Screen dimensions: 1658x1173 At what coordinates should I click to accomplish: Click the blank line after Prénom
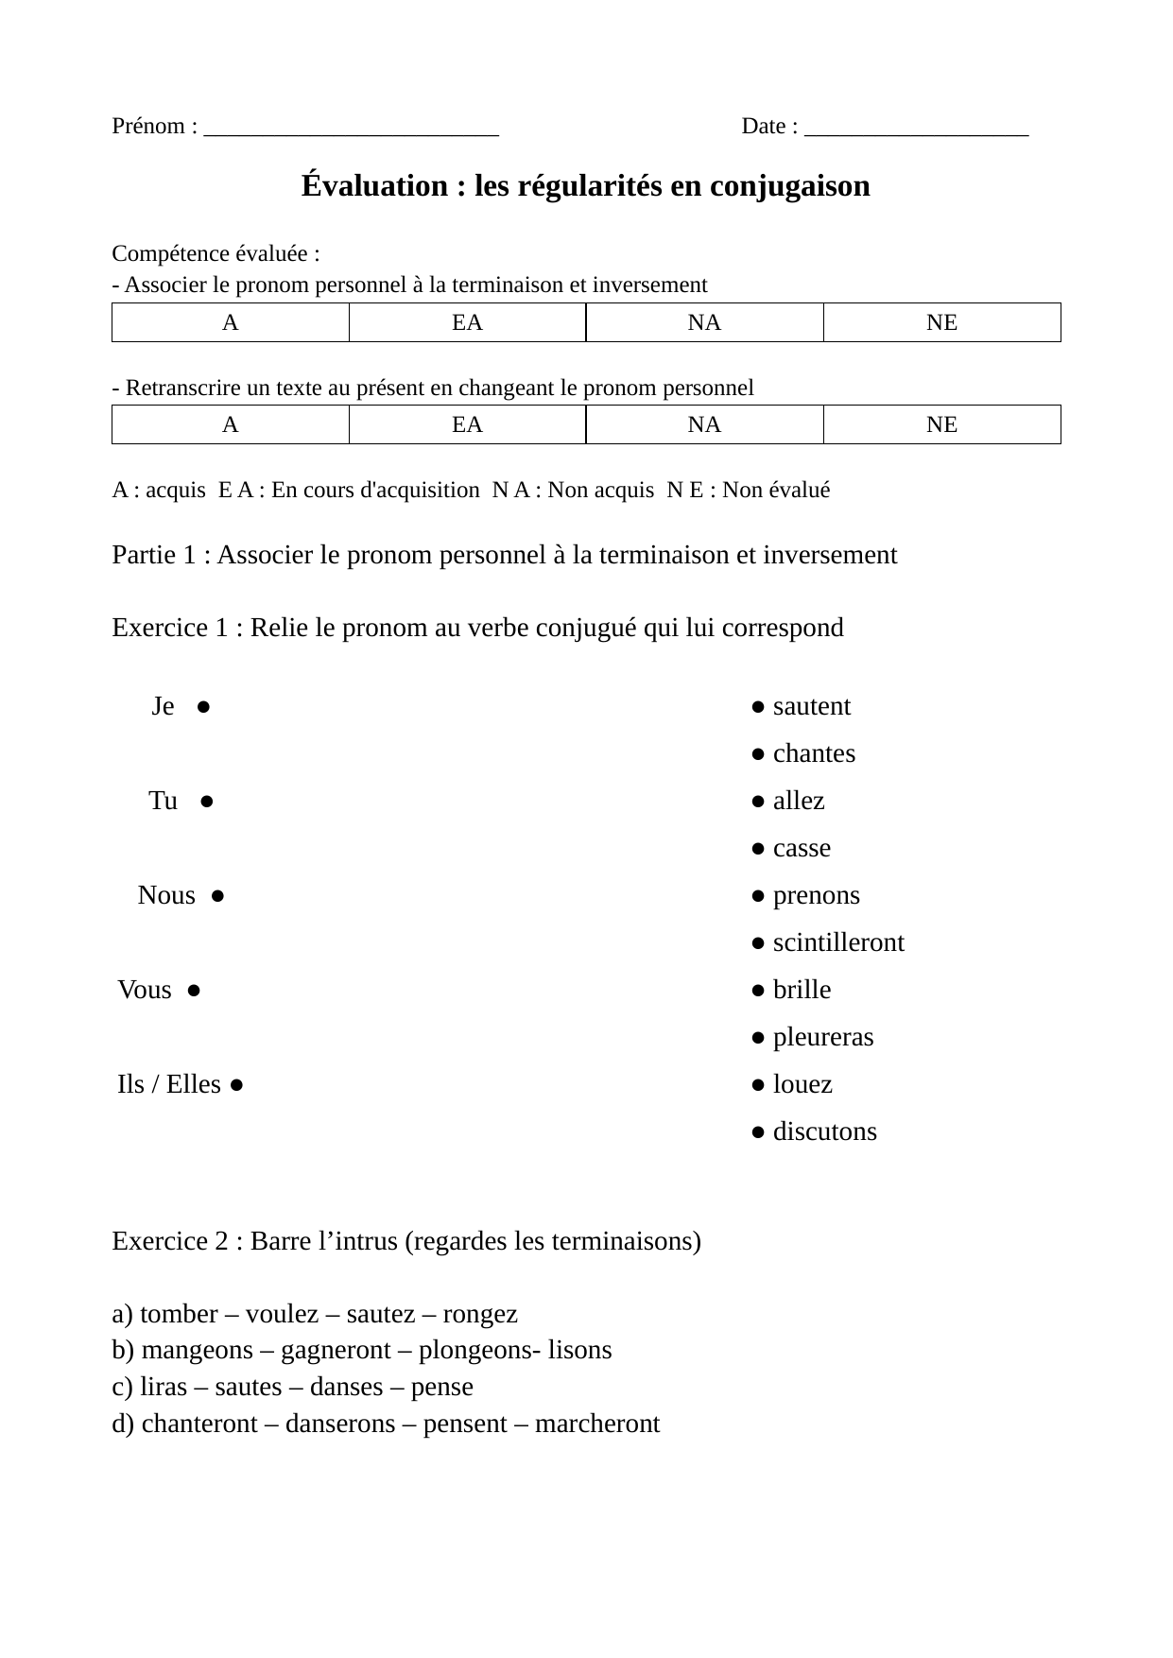click(351, 129)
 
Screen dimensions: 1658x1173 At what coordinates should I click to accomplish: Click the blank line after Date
click(916, 129)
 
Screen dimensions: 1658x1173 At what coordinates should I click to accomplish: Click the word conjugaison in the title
click(789, 186)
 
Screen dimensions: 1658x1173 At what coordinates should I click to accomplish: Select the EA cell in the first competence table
click(467, 322)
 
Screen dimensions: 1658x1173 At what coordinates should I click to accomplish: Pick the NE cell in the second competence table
click(941, 424)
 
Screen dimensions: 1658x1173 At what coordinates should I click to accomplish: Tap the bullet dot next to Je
click(203, 707)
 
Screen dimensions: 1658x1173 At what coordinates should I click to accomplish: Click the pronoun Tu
click(163, 802)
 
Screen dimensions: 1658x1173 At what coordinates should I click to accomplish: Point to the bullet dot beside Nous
click(217, 896)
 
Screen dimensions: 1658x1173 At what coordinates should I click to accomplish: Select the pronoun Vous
click(145, 991)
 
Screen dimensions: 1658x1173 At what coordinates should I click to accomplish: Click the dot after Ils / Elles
click(236, 1085)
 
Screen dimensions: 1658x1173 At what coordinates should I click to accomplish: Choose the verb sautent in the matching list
click(811, 707)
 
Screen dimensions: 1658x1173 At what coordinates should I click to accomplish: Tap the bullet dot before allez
click(758, 802)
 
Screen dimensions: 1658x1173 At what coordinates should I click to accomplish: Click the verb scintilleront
click(838, 943)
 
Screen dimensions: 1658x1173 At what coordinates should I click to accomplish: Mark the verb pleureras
click(823, 1038)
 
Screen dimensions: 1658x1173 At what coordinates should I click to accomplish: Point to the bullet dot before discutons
click(758, 1132)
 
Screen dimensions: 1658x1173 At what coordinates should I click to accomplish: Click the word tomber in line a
click(179, 1315)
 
